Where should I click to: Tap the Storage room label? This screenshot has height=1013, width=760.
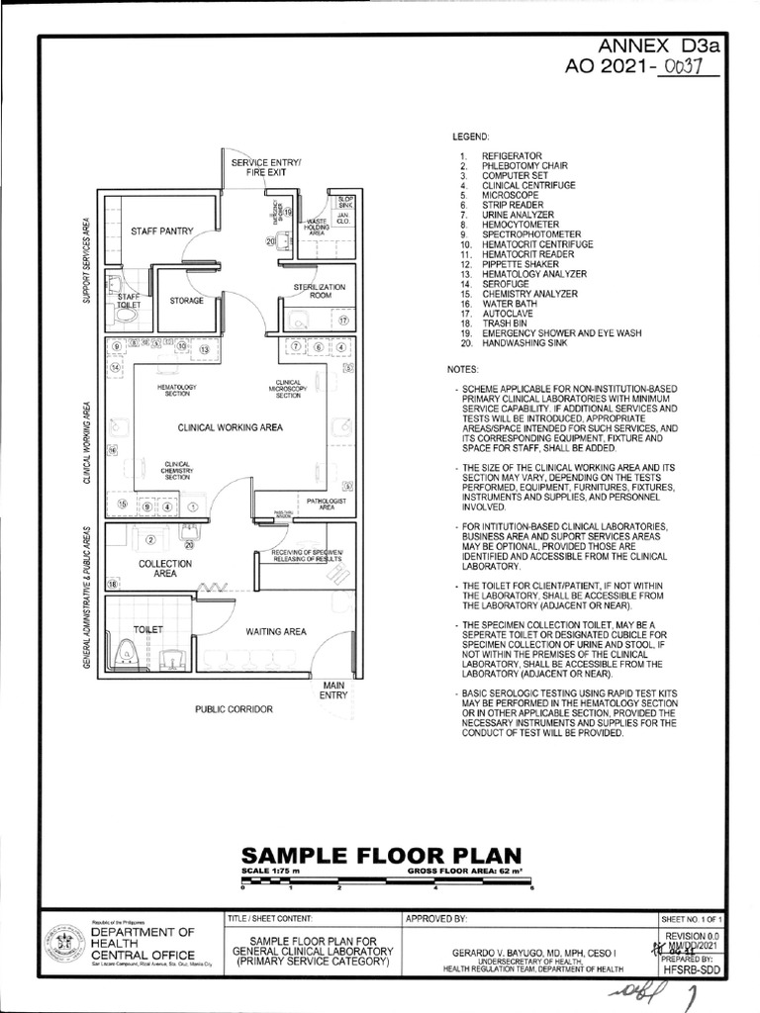(x=186, y=300)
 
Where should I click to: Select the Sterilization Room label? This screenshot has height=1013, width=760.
(x=319, y=291)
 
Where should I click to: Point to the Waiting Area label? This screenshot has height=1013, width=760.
(x=275, y=631)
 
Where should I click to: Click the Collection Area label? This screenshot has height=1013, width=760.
(x=165, y=568)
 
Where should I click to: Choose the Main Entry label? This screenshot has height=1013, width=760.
(x=332, y=691)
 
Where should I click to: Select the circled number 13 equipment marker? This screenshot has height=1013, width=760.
(x=205, y=349)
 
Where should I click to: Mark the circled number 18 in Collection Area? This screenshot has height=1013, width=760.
(x=113, y=585)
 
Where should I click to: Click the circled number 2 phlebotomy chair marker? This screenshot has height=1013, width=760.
(x=150, y=540)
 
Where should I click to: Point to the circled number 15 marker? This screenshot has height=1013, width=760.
(x=123, y=506)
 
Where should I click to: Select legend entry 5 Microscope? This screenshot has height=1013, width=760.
(x=506, y=195)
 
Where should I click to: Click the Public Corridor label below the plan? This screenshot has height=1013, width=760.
(x=234, y=709)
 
